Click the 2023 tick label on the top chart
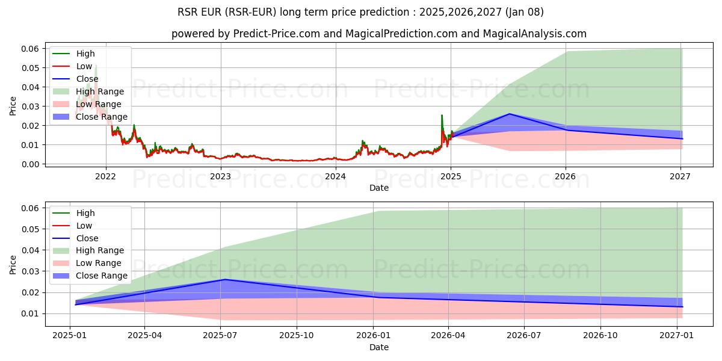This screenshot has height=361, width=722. [x=221, y=176]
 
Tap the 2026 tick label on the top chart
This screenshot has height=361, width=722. [x=566, y=176]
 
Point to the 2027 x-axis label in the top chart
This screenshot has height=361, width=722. [x=680, y=176]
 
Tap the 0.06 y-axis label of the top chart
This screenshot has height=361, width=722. [x=30, y=49]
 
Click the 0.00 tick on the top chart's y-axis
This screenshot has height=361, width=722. [x=30, y=164]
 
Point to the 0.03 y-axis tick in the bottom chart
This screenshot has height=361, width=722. [x=30, y=271]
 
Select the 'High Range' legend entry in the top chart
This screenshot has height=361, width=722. [x=100, y=91]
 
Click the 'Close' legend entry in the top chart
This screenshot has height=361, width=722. [x=87, y=79]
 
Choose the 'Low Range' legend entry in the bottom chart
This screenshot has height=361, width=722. [x=99, y=263]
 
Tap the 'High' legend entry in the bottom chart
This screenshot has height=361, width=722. [x=85, y=213]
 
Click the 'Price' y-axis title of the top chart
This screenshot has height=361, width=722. [x=13, y=106]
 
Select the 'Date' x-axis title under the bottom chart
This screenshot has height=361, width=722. [x=379, y=347]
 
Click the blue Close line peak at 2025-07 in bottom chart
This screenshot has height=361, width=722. [x=224, y=279]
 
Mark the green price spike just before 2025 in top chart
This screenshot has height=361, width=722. [x=442, y=116]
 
